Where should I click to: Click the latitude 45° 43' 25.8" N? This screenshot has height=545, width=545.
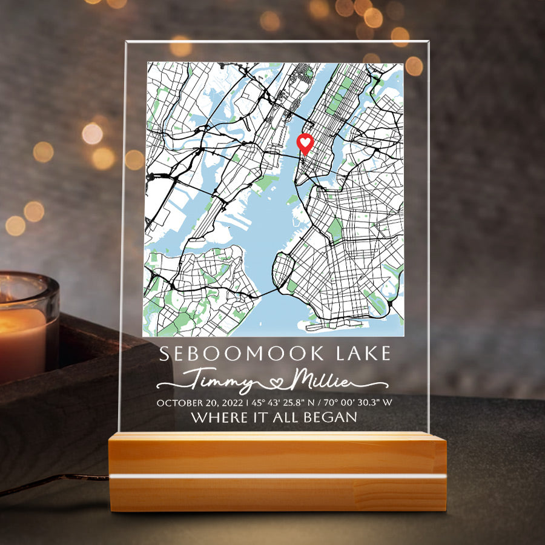(x=282, y=403)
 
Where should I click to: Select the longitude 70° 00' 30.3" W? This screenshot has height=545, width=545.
(x=358, y=403)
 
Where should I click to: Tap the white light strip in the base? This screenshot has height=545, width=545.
(x=277, y=477)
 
